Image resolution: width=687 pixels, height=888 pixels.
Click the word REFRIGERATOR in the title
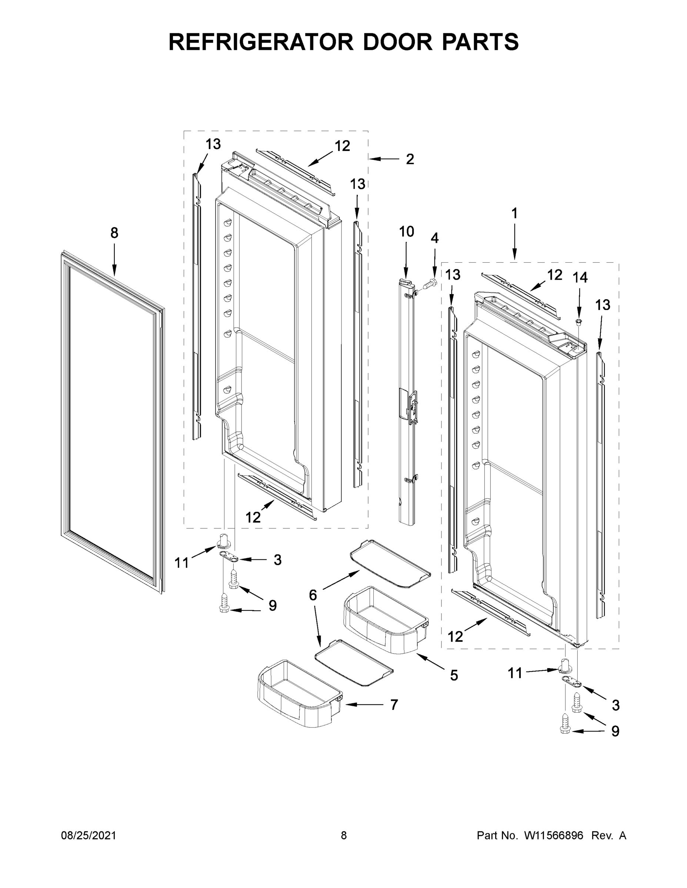tap(260, 42)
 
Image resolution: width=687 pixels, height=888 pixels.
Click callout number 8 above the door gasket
tap(114, 233)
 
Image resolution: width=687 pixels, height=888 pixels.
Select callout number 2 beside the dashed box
tap(410, 159)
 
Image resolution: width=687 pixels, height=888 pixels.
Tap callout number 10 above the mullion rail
tap(406, 232)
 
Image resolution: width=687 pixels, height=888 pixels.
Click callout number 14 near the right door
tap(580, 278)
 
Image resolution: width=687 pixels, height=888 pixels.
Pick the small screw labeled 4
tap(429, 284)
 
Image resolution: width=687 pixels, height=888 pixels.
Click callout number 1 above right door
tap(514, 213)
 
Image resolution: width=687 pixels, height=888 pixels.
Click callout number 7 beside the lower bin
tap(394, 704)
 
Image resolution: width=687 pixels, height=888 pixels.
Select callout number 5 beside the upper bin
tap(454, 676)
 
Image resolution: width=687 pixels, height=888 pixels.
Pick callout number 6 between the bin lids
tap(313, 595)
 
